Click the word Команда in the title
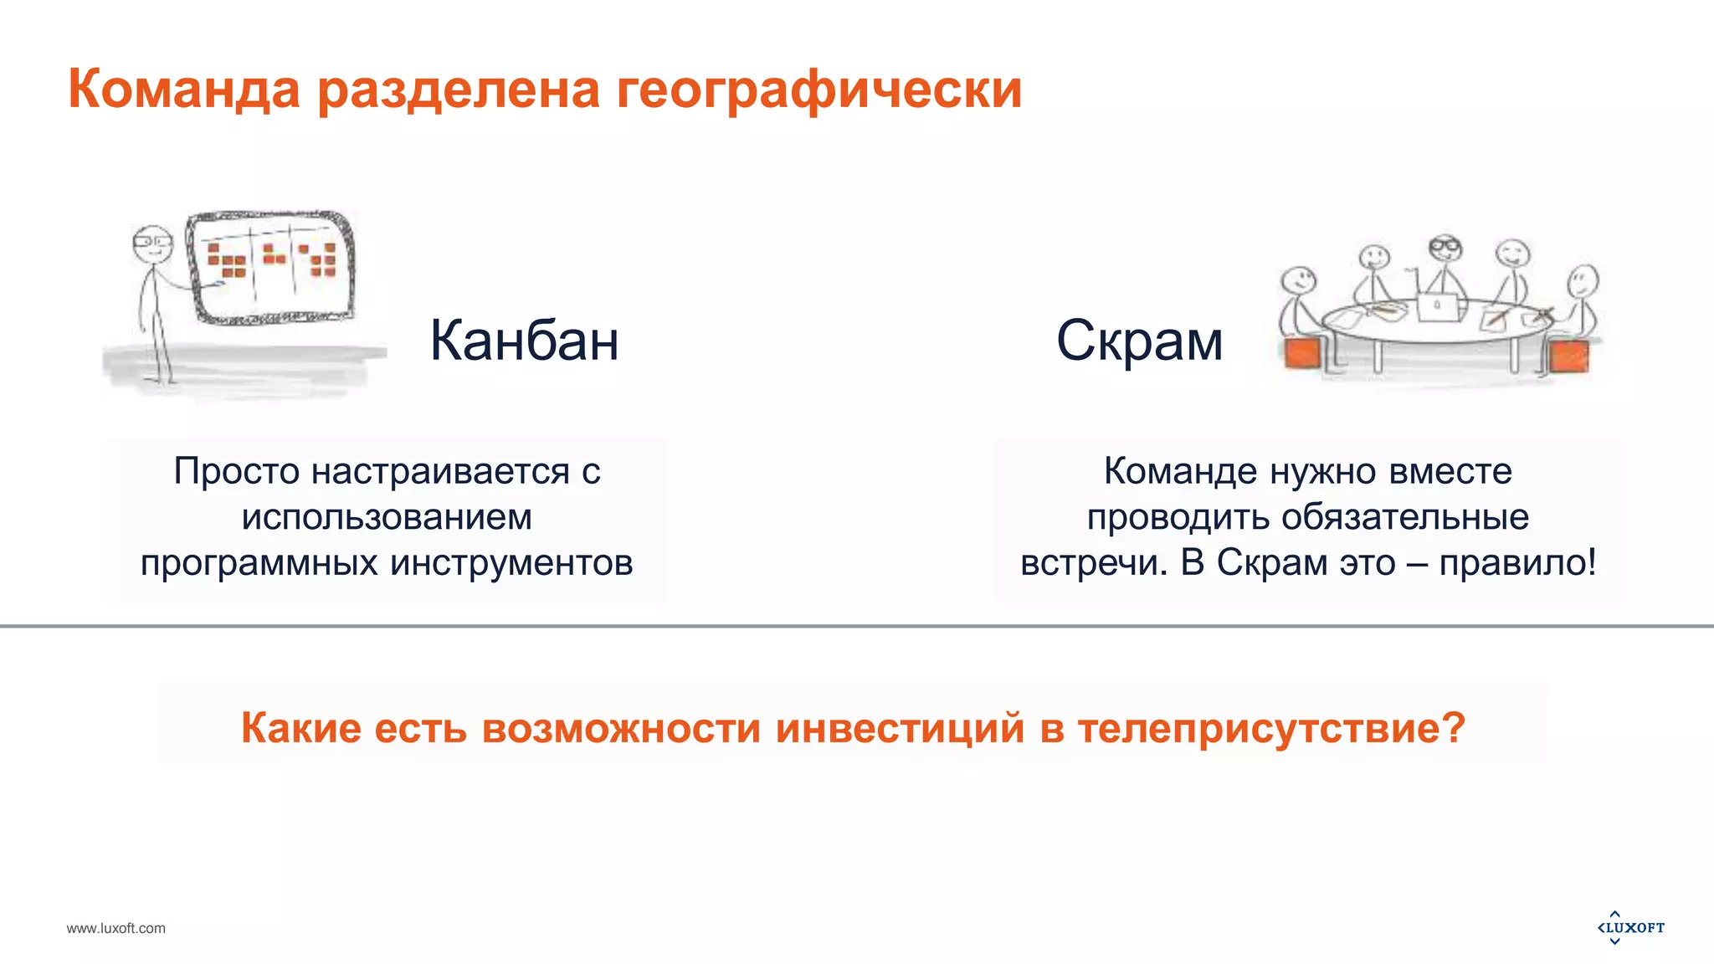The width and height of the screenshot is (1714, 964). [183, 89]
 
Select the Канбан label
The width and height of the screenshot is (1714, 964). [524, 341]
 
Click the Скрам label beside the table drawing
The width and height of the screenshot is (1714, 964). [1139, 341]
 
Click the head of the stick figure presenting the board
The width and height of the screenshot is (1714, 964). [152, 244]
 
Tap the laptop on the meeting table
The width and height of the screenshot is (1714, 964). [1439, 306]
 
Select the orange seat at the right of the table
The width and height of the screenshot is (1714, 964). [1568, 356]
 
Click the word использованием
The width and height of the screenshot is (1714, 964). [387, 517]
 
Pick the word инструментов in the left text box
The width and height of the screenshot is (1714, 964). [511, 562]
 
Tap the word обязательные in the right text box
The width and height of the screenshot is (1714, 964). [1405, 517]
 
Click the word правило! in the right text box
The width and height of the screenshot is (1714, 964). [1517, 562]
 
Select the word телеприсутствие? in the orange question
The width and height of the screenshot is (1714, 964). [1271, 727]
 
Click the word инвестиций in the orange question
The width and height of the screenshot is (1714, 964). [900, 727]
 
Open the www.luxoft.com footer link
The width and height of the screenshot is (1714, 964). [116, 928]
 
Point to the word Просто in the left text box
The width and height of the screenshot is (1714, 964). [237, 471]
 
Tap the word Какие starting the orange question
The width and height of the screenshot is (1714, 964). [301, 727]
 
